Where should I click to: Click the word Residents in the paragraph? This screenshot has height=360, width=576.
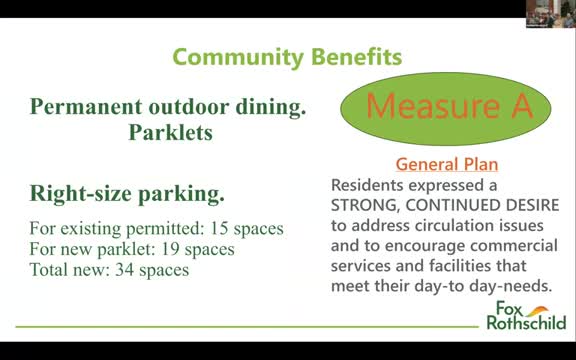[x=371, y=185]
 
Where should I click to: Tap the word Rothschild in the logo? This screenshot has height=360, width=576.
[x=525, y=322]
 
